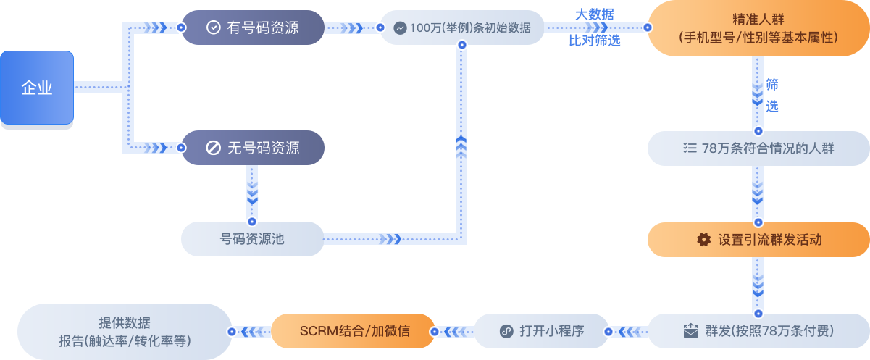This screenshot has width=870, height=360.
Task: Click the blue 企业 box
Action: click(x=37, y=88)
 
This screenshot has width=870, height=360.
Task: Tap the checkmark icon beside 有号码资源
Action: click(x=213, y=28)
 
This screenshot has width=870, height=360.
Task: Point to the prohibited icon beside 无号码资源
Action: click(x=213, y=148)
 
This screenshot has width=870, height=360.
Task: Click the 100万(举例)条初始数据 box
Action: click(x=461, y=28)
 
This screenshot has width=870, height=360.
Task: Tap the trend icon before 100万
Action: click(x=400, y=28)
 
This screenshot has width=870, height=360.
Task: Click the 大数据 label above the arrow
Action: click(x=595, y=14)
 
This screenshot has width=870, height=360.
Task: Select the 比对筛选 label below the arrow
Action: click(x=595, y=41)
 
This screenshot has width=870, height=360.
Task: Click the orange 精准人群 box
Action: click(x=758, y=29)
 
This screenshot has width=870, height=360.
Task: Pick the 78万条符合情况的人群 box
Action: click(x=758, y=148)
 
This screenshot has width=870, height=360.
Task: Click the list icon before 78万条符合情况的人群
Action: click(x=688, y=148)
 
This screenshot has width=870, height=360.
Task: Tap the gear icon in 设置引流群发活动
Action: click(x=703, y=240)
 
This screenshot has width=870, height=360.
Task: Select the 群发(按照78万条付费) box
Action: click(x=758, y=331)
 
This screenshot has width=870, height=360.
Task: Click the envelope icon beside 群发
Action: click(x=690, y=331)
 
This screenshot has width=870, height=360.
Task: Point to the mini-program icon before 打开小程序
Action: click(x=507, y=331)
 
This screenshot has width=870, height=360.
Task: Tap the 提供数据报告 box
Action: click(x=123, y=331)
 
